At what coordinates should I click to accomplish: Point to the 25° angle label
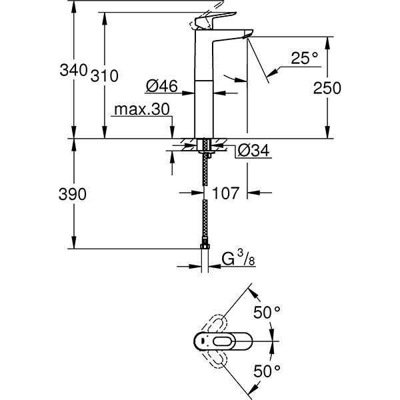click(x=304, y=59)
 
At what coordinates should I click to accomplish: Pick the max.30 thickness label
click(x=142, y=109)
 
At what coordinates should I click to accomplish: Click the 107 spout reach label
click(x=226, y=194)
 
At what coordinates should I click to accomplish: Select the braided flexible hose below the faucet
click(x=204, y=200)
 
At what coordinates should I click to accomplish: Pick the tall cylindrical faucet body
click(x=203, y=93)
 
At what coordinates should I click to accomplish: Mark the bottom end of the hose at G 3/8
click(x=205, y=248)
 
